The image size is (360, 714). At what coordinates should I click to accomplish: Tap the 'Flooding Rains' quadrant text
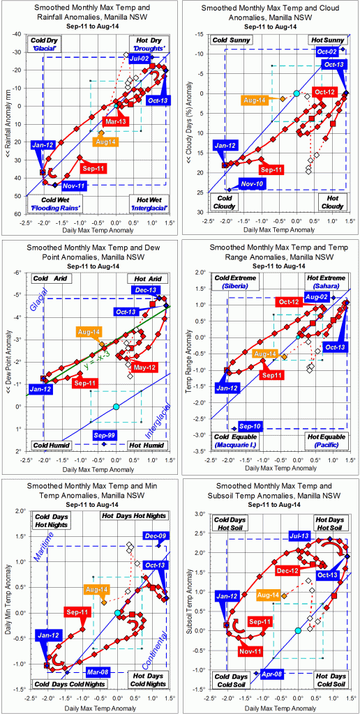click(57, 207)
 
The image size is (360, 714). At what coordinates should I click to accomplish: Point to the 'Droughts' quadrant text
click(149, 48)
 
